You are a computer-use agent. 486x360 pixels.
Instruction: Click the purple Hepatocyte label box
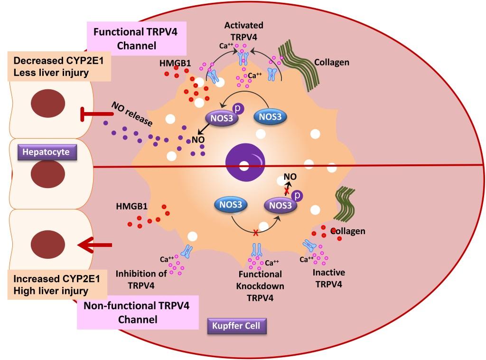tap(46, 152)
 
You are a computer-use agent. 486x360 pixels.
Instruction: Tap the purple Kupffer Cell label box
tap(236, 326)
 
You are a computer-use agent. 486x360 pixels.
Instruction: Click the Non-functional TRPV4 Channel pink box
tap(137, 313)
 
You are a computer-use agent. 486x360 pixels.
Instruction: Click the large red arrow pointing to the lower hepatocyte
tap(95, 245)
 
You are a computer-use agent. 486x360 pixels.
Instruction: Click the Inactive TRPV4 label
tap(328, 278)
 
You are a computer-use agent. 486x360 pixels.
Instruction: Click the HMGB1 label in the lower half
tap(131, 207)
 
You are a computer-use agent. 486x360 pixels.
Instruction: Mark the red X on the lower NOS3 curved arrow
tap(255, 232)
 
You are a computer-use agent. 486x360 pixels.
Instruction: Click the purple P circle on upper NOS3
tap(238, 109)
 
